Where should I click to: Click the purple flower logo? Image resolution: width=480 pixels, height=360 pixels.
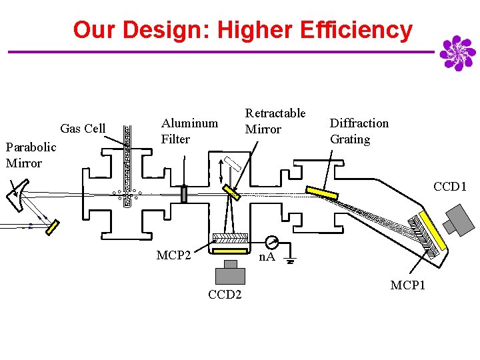click(457, 53)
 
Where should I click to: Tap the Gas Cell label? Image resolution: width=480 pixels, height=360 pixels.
click(83, 128)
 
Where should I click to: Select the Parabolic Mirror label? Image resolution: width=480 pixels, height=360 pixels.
click(31, 155)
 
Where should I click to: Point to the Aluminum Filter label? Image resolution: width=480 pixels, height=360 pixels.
click(189, 131)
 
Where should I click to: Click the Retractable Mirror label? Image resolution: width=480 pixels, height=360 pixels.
click(275, 121)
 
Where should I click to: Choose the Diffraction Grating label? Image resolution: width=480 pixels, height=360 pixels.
click(359, 131)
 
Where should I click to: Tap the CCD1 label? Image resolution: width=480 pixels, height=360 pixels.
click(450, 187)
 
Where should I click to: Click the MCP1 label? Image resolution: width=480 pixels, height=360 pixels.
click(407, 285)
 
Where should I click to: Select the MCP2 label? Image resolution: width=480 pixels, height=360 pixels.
click(174, 255)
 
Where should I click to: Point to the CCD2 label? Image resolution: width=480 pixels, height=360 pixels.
click(225, 295)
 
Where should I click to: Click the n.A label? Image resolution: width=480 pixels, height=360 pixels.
click(267, 257)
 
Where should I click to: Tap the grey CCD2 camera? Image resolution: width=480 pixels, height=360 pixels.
click(231, 273)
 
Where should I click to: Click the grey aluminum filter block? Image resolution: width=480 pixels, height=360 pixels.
click(184, 194)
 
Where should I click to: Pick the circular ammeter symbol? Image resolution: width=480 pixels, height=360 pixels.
click(270, 241)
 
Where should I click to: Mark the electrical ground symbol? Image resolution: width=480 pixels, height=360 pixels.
click(290, 259)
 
